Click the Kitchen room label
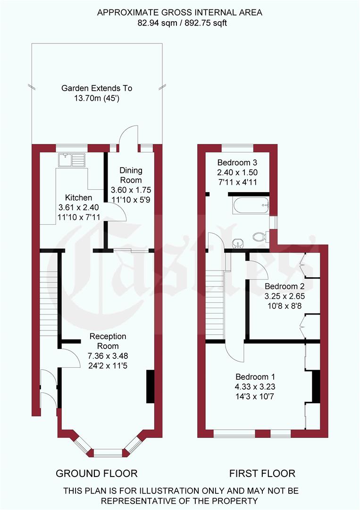coord(78,198)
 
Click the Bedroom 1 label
coord(255,377)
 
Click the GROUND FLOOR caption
coord(97,473)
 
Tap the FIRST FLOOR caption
coord(262,473)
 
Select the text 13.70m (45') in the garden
coord(97,98)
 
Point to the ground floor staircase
coord(49,293)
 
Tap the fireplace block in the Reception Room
coord(150,386)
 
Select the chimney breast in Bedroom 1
coord(316,387)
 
